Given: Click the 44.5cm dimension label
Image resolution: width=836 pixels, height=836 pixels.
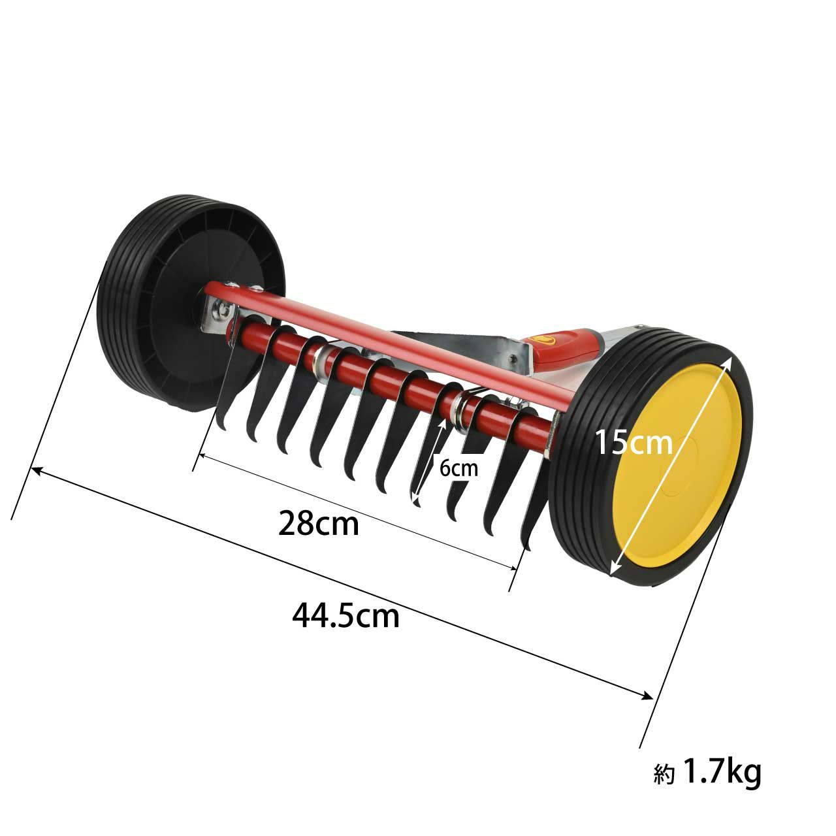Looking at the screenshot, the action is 346,617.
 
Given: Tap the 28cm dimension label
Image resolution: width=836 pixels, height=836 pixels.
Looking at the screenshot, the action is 319,524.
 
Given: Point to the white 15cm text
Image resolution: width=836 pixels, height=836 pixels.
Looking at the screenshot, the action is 634,442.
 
